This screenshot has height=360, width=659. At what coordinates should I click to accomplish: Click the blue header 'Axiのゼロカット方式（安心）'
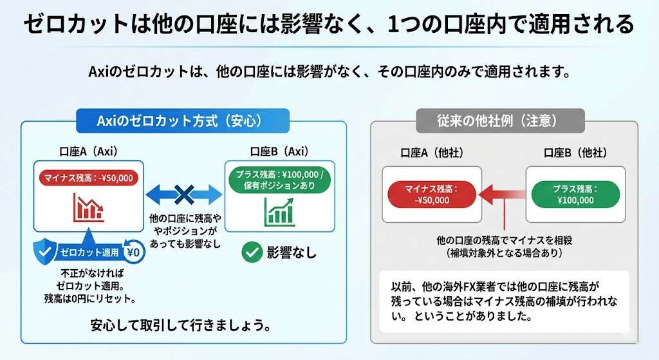point(183,120)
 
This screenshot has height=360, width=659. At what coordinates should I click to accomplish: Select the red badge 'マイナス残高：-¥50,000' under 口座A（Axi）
point(89,178)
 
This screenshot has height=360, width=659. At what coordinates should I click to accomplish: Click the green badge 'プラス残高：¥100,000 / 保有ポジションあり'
point(279,180)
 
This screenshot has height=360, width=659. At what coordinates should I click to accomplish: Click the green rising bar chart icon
point(279,211)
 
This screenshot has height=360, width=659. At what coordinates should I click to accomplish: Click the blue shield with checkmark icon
point(46,252)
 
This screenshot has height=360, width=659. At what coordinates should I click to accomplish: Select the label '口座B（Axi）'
point(279,152)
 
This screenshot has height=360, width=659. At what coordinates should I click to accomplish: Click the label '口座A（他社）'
point(432,153)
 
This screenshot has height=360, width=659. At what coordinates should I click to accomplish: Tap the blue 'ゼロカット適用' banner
point(89,252)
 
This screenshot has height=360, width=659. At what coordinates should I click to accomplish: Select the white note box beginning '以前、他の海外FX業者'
point(504,300)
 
